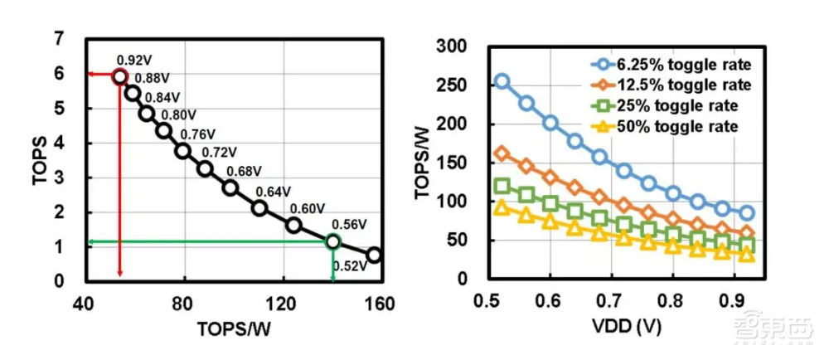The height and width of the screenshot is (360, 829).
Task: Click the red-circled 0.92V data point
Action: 120,76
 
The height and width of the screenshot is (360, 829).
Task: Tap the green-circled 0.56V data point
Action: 332,241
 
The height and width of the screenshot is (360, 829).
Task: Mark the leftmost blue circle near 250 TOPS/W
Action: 502,81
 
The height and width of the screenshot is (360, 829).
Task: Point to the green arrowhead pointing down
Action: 332,276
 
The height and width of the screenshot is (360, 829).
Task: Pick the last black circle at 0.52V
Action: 374,255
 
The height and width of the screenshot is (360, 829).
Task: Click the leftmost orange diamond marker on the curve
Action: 502,153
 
